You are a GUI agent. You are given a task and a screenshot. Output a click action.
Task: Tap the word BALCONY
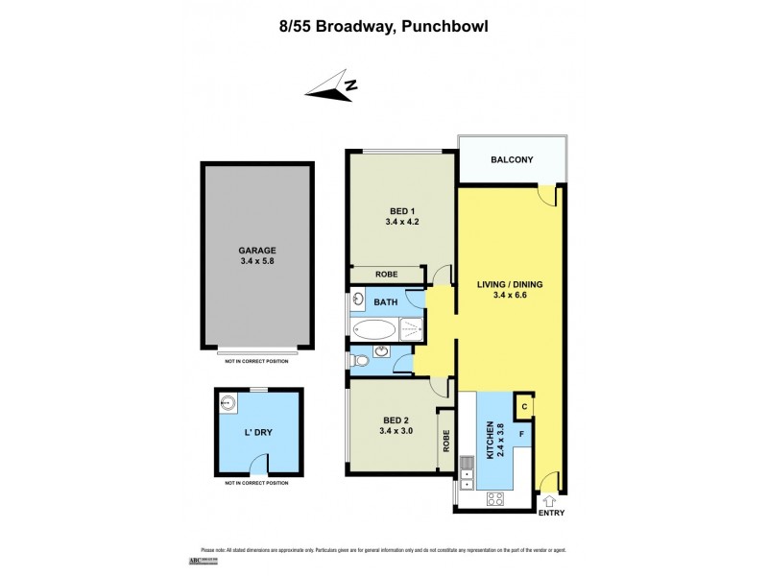tap(512, 160)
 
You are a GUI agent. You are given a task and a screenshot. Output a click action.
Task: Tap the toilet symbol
tap(359, 361)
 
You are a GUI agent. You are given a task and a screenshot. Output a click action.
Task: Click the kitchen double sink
tap(468, 467)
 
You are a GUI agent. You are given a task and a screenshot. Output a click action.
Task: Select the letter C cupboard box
tap(524, 406)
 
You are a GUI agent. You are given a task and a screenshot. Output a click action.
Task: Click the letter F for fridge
tap(520, 434)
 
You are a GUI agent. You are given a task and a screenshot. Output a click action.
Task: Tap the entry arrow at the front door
tap(550, 501)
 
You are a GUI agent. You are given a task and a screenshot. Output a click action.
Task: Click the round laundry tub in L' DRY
tap(230, 403)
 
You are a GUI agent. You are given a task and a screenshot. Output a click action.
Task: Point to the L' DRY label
tap(258, 433)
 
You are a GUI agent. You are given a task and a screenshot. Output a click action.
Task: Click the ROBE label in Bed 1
tap(386, 275)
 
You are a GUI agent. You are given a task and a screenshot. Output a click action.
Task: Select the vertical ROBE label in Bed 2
tap(446, 441)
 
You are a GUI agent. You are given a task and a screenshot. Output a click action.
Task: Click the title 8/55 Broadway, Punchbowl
tap(384, 27)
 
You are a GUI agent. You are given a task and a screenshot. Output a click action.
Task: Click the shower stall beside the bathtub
tap(410, 331)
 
